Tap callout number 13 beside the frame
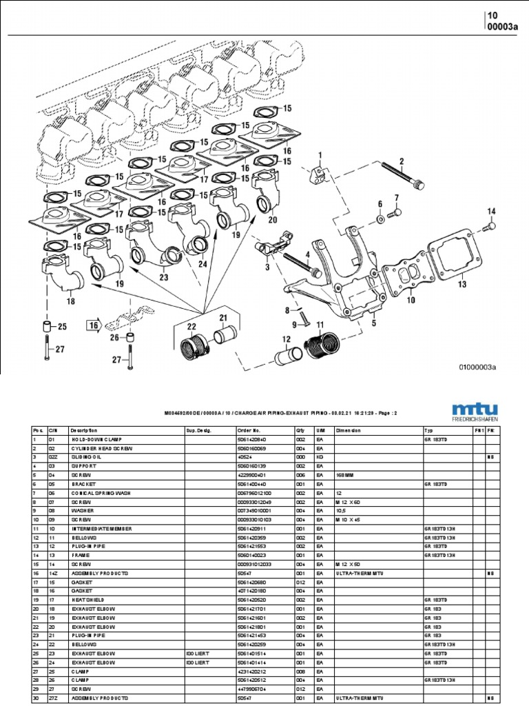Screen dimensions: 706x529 (461, 284)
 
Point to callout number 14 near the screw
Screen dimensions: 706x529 (491, 211)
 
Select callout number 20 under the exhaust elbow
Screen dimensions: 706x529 (272, 221)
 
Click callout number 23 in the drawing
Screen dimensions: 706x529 (163, 278)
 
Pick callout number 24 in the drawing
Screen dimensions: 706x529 (203, 263)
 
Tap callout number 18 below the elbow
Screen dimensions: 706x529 (71, 301)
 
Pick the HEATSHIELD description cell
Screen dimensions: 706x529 (87, 600)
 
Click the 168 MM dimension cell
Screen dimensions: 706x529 (346, 475)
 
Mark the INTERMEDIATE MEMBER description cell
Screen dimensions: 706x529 (100, 528)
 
